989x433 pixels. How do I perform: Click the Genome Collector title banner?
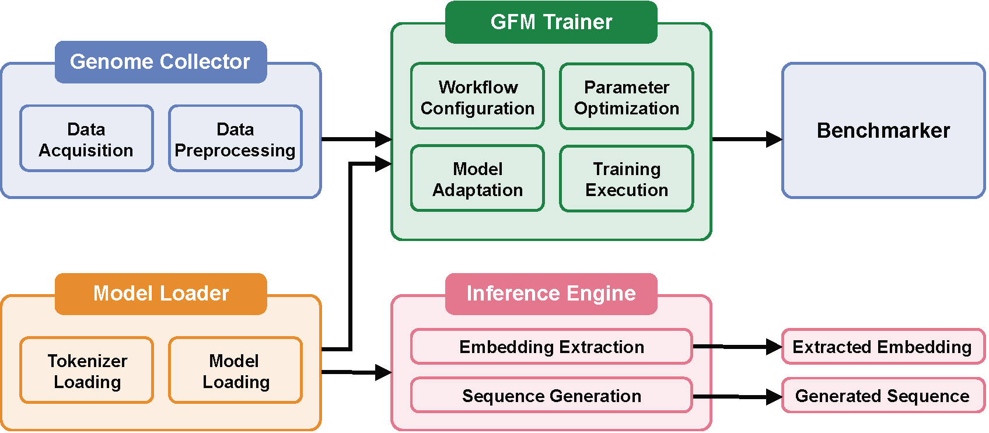[x=160, y=62]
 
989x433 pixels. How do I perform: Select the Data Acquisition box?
[x=86, y=139]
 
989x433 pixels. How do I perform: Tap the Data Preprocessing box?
[x=235, y=139]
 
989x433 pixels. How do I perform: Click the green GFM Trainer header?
[x=551, y=22]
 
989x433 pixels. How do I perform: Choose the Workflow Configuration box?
[x=477, y=97]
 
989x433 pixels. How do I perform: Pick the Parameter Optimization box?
[x=626, y=97]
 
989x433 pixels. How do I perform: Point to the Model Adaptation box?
[x=477, y=179]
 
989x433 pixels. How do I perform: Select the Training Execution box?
[x=626, y=179]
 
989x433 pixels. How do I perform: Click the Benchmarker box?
[x=883, y=131]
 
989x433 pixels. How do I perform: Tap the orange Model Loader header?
[x=160, y=294]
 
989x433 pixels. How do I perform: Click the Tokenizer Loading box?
[x=86, y=371]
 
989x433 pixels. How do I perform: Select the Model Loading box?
[x=235, y=371]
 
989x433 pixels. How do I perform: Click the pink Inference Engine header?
[x=551, y=294]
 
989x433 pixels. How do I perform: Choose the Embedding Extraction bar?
[x=551, y=347]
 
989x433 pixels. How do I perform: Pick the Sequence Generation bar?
[x=551, y=396]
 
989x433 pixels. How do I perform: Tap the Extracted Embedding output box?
[x=883, y=347]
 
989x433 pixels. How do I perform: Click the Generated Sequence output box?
[x=883, y=396]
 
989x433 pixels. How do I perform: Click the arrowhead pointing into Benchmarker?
[x=774, y=139]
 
